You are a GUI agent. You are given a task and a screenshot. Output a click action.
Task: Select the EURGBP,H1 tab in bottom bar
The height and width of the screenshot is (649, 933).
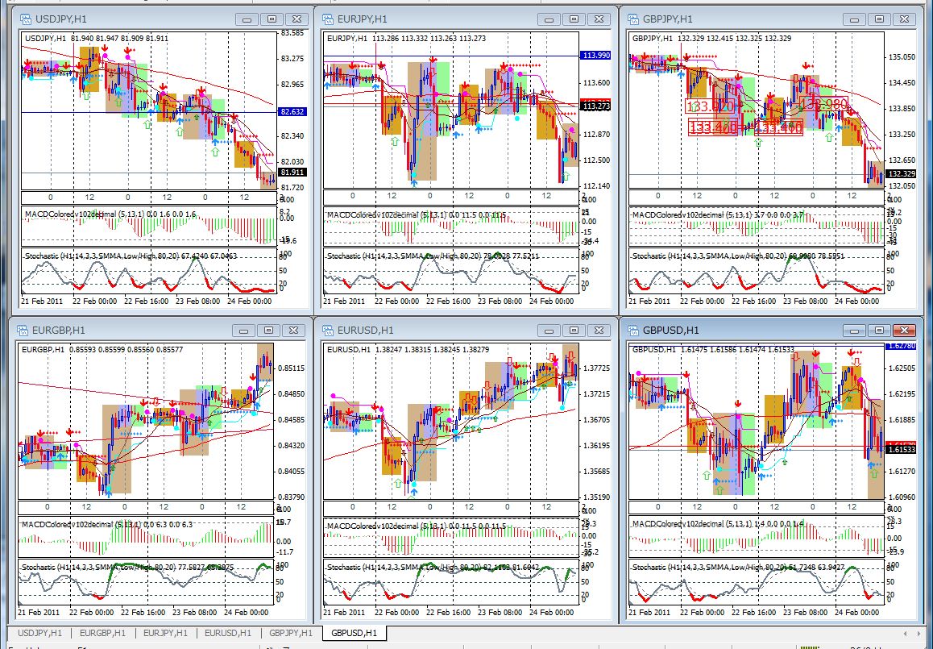point(102,633)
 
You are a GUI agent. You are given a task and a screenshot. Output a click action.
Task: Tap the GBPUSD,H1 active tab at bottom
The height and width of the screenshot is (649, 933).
point(355,633)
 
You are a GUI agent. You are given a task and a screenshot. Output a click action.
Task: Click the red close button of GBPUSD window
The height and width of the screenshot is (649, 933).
point(904,330)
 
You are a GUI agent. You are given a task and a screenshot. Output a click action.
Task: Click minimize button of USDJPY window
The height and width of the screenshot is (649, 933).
point(247,19)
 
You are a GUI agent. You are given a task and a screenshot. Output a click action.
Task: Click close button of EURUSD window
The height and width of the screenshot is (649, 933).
point(599,330)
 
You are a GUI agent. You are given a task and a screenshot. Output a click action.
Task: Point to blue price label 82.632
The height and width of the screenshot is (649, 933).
point(291,111)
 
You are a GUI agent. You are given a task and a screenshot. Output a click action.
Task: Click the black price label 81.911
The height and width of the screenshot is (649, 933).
point(291,173)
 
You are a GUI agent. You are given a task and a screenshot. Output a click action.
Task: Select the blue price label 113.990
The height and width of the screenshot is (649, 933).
point(595,55)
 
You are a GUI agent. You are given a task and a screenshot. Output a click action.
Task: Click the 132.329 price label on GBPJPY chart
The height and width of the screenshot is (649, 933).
point(900,173)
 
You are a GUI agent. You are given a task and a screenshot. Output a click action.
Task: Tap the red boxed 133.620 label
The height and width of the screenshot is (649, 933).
point(710,106)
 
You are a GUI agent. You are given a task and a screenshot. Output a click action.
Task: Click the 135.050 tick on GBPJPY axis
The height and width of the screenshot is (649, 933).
point(900,58)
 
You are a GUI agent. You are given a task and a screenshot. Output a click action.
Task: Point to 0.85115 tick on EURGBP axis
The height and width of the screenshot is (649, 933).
point(291,368)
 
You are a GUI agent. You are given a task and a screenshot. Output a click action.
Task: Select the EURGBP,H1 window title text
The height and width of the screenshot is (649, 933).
point(59,330)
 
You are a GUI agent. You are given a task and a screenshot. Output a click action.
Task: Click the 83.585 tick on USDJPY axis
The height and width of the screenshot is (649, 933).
point(292,33)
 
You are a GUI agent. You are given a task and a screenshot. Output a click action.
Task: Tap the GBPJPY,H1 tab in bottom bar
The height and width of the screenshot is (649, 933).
point(291,633)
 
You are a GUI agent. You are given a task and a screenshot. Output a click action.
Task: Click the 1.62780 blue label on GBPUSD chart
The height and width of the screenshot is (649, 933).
point(900,346)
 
